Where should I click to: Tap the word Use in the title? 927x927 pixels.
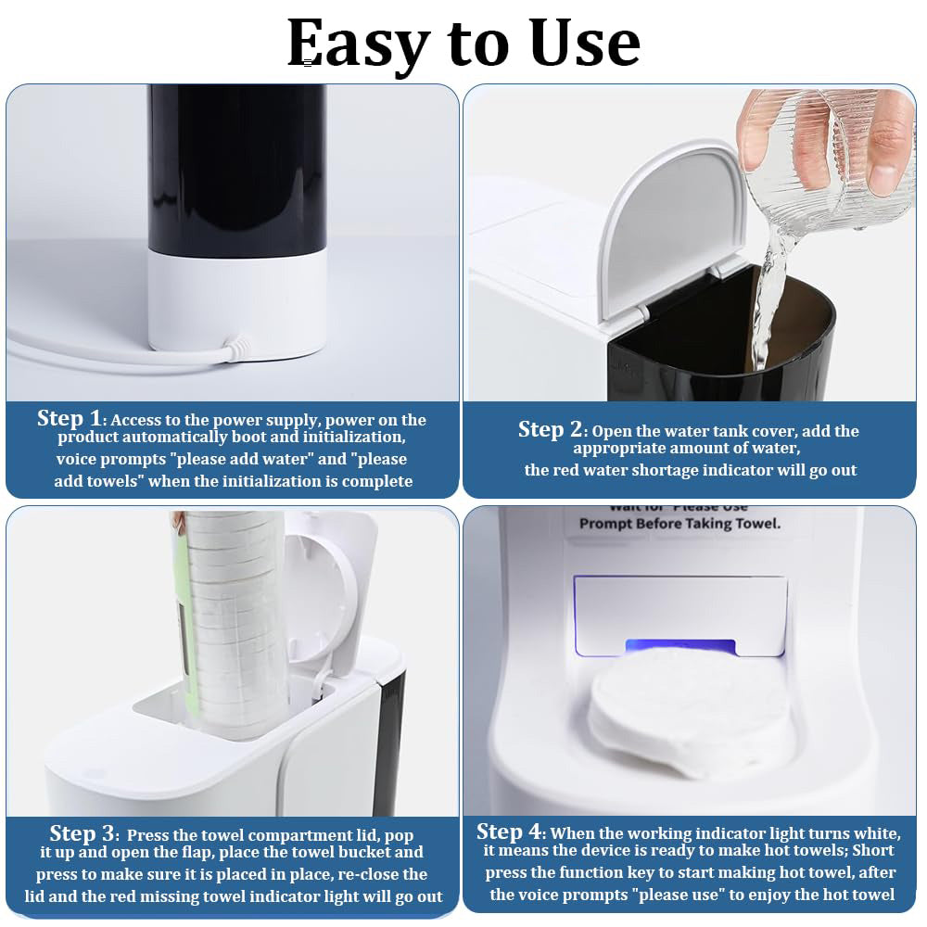point(584,43)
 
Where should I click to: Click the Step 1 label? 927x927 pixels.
point(71,418)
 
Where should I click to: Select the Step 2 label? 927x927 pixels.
point(552,429)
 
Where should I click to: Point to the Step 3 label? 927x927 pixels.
point(84,833)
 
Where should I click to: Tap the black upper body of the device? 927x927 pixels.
point(237,167)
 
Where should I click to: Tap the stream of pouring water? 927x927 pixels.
point(769,297)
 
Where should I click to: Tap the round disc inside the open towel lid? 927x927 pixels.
point(315,603)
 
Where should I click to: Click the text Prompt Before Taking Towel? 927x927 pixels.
point(679,524)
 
